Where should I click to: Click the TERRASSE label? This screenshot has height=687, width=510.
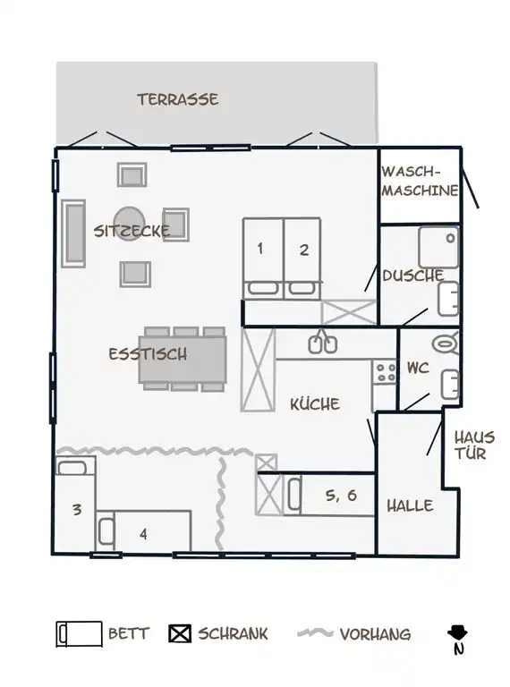tap(178, 99)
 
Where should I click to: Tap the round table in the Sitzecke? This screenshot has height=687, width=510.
tap(129, 223)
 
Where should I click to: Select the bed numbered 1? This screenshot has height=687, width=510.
tap(263, 259)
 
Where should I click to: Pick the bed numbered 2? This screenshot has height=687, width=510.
tap(302, 259)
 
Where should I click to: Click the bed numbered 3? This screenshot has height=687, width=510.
tap(75, 504)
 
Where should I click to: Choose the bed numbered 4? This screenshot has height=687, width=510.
tap(144, 531)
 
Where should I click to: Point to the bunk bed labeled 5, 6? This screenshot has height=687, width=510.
tap(331, 494)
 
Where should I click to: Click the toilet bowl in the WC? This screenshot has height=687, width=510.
tap(446, 343)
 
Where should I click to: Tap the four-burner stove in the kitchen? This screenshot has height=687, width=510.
tap(385, 372)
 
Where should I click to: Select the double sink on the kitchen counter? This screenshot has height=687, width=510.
tap(323, 344)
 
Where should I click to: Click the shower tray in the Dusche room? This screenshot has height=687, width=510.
tap(438, 247)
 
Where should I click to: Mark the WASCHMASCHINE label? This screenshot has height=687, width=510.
tap(420, 181)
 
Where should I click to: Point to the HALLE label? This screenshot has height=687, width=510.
tap(410, 506)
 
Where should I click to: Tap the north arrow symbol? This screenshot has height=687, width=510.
tap(457, 639)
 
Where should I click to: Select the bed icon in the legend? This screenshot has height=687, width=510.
tap(79, 634)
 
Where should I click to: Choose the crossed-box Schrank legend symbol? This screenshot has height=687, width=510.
tap(180, 633)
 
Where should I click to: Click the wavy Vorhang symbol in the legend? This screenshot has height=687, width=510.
tap(315, 633)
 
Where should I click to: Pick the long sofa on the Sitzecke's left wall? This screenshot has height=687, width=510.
tap(73, 233)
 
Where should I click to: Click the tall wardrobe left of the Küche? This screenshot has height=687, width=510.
tap(258, 369)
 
